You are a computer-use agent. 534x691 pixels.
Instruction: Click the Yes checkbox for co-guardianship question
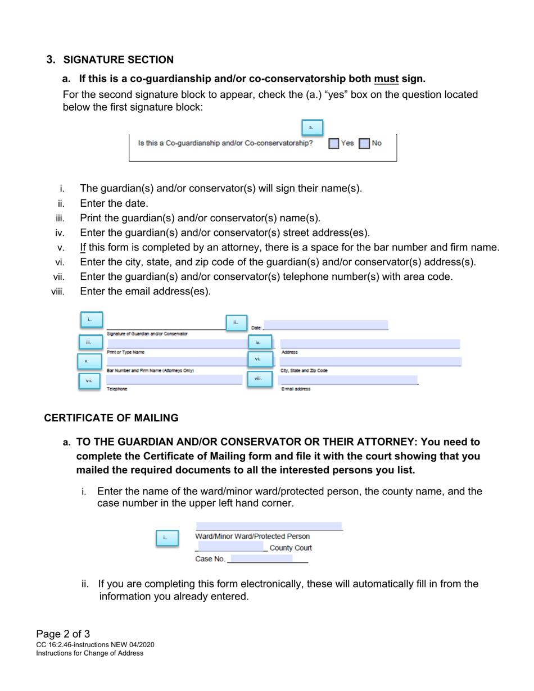(x=334, y=144)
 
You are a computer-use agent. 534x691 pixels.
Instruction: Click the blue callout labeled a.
(x=312, y=128)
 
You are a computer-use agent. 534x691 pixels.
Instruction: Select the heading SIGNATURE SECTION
(x=119, y=60)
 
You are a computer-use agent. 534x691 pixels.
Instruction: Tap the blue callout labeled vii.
(x=89, y=381)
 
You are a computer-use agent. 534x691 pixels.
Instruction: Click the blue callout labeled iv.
(x=259, y=342)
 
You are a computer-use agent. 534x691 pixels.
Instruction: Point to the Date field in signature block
(x=326, y=325)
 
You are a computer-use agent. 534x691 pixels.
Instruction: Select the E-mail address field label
(x=296, y=389)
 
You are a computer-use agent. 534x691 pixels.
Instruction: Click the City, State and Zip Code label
(x=304, y=371)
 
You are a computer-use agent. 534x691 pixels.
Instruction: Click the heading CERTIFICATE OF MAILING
(x=111, y=418)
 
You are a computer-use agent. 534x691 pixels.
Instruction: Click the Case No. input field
(x=261, y=558)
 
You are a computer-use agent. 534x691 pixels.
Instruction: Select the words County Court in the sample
(x=291, y=548)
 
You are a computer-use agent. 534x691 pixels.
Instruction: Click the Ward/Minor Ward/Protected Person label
(x=252, y=537)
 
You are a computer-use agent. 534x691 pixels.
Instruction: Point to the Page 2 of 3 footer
(x=63, y=635)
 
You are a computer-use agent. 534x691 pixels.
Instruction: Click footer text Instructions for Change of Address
(x=90, y=653)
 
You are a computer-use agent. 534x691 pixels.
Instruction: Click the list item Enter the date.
(x=114, y=203)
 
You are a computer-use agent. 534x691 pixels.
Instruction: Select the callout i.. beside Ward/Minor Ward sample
(x=166, y=538)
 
